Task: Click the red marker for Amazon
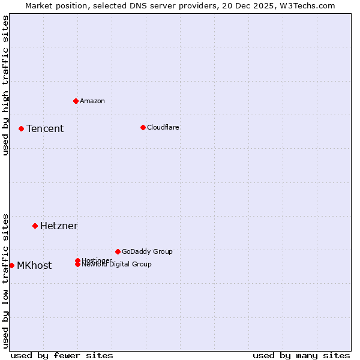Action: pyautogui.click(x=76, y=101)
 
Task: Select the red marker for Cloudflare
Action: pyautogui.click(x=143, y=127)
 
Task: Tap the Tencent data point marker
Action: pyautogui.click(x=21, y=128)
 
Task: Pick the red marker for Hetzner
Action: pyautogui.click(x=35, y=226)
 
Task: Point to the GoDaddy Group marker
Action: pyautogui.click(x=118, y=251)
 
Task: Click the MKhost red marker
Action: pyautogui.click(x=11, y=265)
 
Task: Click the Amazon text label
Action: pyautogui.click(x=92, y=101)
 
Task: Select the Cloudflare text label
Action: pyautogui.click(x=163, y=127)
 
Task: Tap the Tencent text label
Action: pyautogui.click(x=45, y=128)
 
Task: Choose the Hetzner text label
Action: pyautogui.click(x=59, y=226)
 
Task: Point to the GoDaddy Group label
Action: pyautogui.click(x=147, y=251)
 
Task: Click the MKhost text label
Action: pyautogui.click(x=34, y=265)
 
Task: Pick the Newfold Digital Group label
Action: pyautogui.click(x=117, y=265)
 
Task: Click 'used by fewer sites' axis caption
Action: pyautogui.click(x=62, y=355)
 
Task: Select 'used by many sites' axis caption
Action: pyautogui.click(x=301, y=355)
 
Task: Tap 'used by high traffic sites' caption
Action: pyautogui.click(x=6, y=85)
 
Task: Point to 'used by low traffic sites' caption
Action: pyautogui.click(x=6, y=280)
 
